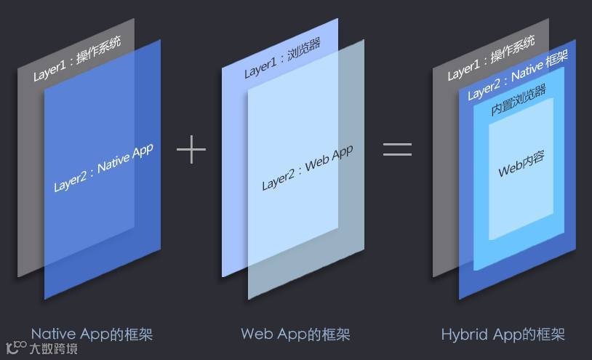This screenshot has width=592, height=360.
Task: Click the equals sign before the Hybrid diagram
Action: pyautogui.click(x=397, y=149)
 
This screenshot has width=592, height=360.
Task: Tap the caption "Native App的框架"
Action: pyautogui.click(x=92, y=335)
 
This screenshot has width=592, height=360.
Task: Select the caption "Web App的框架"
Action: pyautogui.click(x=295, y=335)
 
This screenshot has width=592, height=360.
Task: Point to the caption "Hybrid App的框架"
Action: pyautogui.click(x=503, y=335)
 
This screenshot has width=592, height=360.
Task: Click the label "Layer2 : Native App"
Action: pyautogui.click(x=103, y=168)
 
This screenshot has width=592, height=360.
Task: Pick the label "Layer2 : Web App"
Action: pyautogui.click(x=307, y=167)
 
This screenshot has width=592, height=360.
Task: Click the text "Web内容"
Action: pyautogui.click(x=521, y=164)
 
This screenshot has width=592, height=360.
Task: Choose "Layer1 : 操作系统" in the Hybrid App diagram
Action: pyautogui.click(x=491, y=58)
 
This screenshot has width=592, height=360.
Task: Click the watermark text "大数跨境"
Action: pyautogui.click(x=53, y=349)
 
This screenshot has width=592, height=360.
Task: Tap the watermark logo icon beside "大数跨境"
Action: pyautogui.click(x=16, y=348)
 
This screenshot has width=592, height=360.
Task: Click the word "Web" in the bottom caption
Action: pyautogui.click(x=256, y=335)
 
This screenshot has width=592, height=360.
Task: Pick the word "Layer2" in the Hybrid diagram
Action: pyautogui.click(x=484, y=91)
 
